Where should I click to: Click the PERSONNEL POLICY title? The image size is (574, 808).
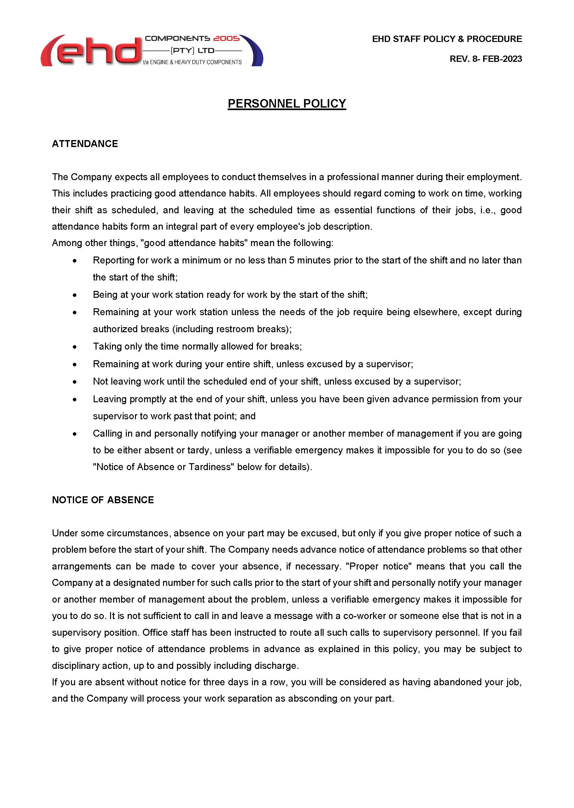(x=287, y=103)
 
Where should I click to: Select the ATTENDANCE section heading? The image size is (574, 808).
(x=85, y=144)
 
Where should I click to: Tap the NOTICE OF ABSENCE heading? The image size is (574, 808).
(x=103, y=500)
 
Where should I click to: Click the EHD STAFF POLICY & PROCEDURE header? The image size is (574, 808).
(x=447, y=39)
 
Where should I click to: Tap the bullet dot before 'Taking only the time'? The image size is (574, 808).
(x=74, y=347)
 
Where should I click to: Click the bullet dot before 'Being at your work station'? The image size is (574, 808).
(x=74, y=295)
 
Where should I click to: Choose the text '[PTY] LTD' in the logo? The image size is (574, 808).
(x=193, y=51)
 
